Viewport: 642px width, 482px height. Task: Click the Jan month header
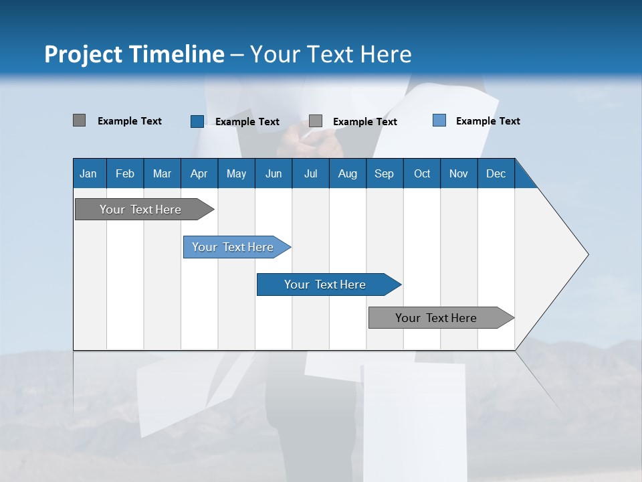click(x=89, y=173)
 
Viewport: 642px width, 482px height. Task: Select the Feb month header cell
click(x=125, y=173)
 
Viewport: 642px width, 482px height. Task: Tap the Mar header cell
click(x=162, y=173)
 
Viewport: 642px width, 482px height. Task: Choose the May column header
click(x=236, y=173)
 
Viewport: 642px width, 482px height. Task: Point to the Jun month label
click(x=274, y=173)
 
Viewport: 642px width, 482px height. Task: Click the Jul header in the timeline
click(x=310, y=173)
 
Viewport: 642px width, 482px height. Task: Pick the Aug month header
click(x=348, y=173)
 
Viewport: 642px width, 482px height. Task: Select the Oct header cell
click(x=422, y=173)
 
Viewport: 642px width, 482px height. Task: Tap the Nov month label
click(x=459, y=173)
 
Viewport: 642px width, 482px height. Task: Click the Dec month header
click(x=496, y=173)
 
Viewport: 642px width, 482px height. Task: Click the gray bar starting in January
click(x=141, y=210)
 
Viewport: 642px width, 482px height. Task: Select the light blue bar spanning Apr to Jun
click(x=233, y=247)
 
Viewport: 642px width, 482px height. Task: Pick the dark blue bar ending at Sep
click(x=326, y=285)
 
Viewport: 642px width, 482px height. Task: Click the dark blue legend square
click(x=197, y=121)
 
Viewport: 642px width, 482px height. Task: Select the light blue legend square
click(x=439, y=120)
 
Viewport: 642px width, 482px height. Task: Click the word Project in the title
click(x=84, y=54)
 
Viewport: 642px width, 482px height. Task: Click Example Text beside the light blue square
click(x=488, y=120)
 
